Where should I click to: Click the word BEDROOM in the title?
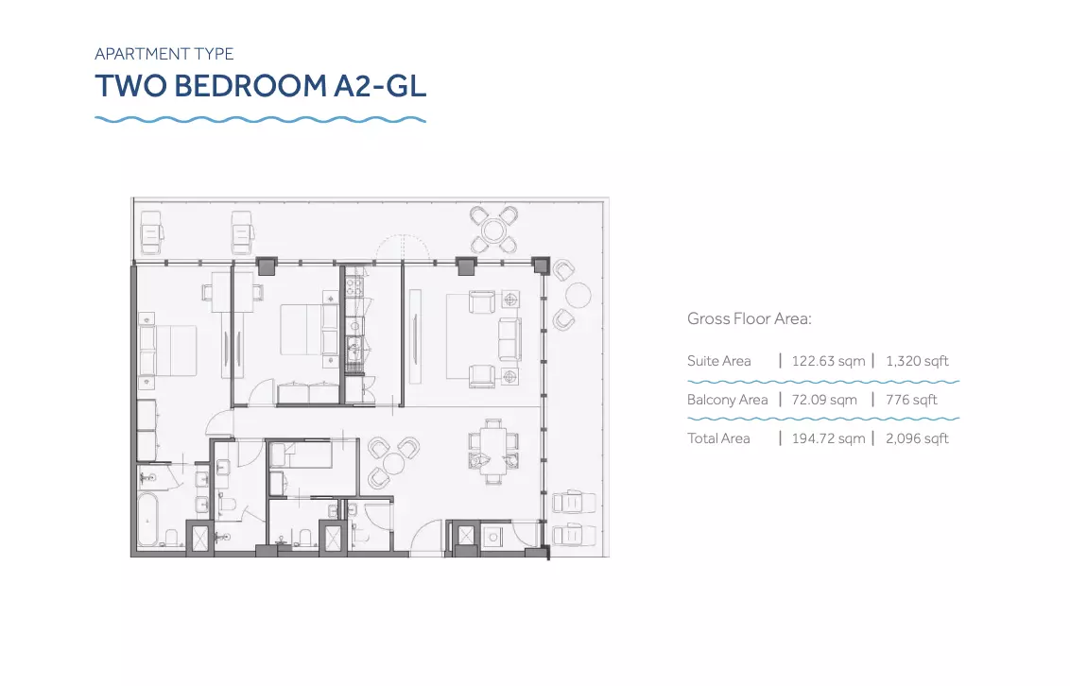(250, 86)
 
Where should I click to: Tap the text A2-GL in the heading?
(380, 86)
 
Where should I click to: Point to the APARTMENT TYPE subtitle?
(164, 54)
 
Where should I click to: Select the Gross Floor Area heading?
(750, 318)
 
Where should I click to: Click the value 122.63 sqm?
(828, 361)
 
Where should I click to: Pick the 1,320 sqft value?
(917, 361)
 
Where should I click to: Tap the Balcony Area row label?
(728, 401)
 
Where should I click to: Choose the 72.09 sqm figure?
(824, 401)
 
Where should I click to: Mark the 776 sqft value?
(912, 401)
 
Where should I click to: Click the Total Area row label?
(718, 438)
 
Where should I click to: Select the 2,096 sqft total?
(917, 438)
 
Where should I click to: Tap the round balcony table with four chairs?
(493, 229)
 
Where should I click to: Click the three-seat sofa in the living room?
(509, 339)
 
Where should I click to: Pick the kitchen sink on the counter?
(354, 351)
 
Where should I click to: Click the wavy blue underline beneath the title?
(261, 119)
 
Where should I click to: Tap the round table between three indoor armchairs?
(393, 463)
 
